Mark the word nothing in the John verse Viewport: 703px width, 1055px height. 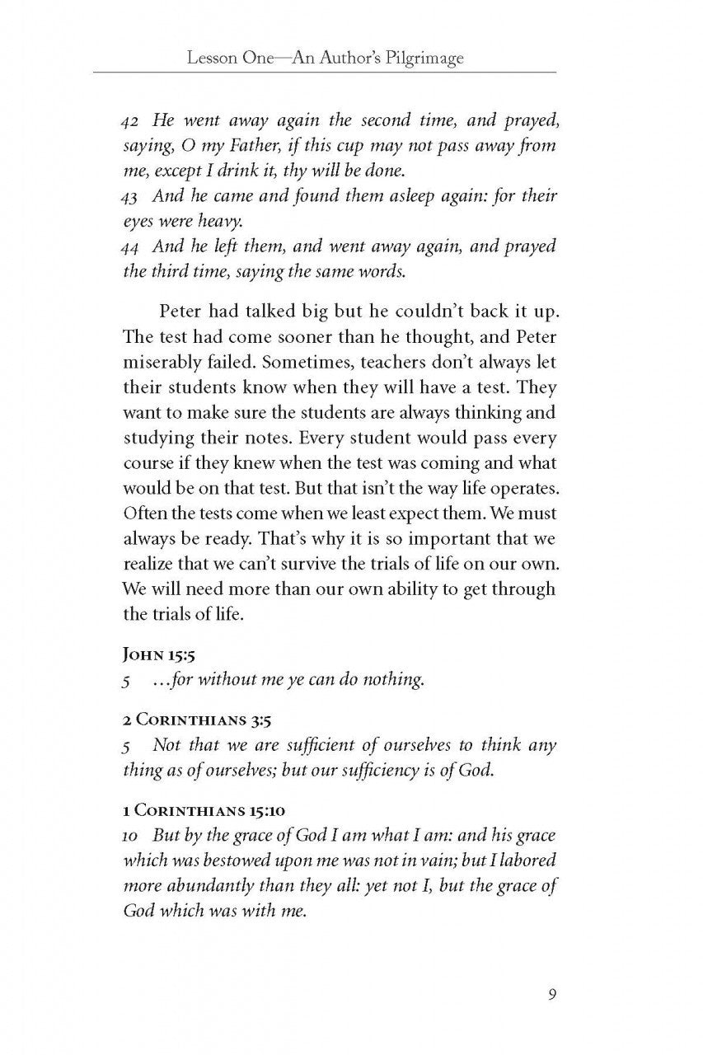pos(394,681)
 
